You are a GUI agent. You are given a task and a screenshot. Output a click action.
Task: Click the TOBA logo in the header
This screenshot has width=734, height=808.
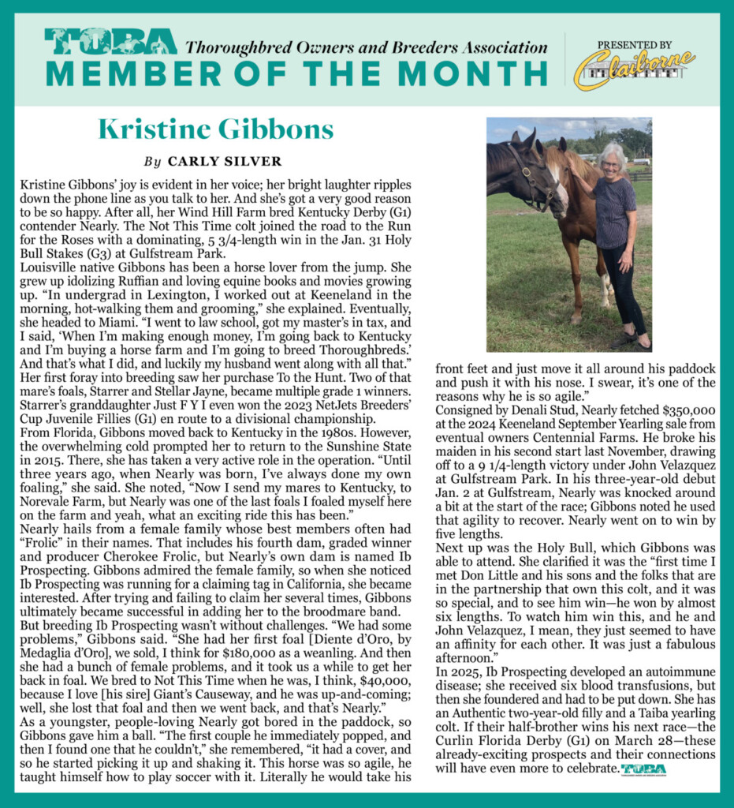[x=110, y=42]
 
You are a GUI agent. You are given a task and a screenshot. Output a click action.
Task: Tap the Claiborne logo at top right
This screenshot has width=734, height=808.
[x=634, y=68]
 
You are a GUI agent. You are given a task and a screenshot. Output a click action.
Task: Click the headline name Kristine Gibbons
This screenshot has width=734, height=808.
[x=215, y=129]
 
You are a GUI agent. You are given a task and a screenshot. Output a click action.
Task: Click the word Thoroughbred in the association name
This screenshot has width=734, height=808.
[x=231, y=46]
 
